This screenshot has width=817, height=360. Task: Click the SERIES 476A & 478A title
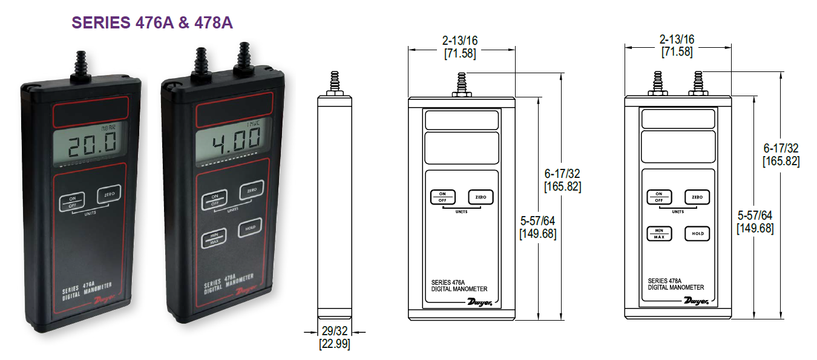pyautogui.click(x=152, y=22)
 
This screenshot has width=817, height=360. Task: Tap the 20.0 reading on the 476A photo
pyautogui.click(x=92, y=144)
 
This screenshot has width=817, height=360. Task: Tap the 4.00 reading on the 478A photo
pyautogui.click(x=237, y=139)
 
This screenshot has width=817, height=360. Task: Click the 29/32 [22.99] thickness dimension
pyautogui.click(x=335, y=338)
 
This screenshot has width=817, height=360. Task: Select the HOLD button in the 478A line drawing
pyautogui.click(x=697, y=234)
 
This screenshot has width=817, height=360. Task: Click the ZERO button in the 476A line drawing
pyautogui.click(x=481, y=197)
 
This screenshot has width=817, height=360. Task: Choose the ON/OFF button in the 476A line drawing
pyautogui.click(x=443, y=197)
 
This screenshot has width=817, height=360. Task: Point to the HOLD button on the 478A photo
pyautogui.click(x=250, y=228)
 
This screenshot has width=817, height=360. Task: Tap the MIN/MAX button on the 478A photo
pyautogui.click(x=214, y=238)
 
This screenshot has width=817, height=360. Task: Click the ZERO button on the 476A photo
pyautogui.click(x=109, y=195)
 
